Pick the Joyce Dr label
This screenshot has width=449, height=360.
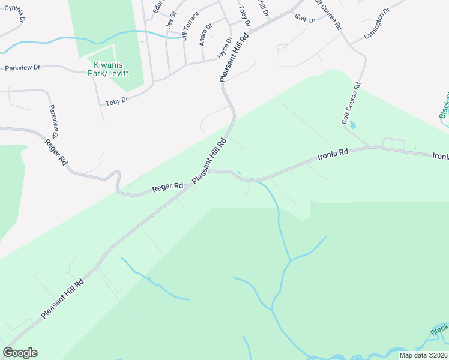tap(224, 49)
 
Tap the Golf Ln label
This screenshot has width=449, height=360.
tap(305, 19)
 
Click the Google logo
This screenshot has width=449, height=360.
tap(20, 353)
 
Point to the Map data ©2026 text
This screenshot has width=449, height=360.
tap(423, 355)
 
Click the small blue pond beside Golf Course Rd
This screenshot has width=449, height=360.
tap(352, 125)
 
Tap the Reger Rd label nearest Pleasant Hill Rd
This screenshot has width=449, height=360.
tap(167, 187)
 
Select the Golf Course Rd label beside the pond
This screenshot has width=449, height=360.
tap(351, 103)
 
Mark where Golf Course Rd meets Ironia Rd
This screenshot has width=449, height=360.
tap(370, 147)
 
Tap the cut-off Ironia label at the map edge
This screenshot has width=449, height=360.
tap(441, 155)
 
